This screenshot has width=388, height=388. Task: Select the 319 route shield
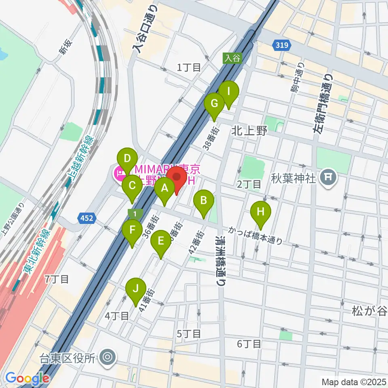click(282, 46)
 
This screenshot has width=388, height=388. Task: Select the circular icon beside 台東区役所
click(108, 357)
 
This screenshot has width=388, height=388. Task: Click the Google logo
click(27, 378)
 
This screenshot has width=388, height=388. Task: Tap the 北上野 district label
click(250, 131)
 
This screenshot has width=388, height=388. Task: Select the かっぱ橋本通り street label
click(254, 235)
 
